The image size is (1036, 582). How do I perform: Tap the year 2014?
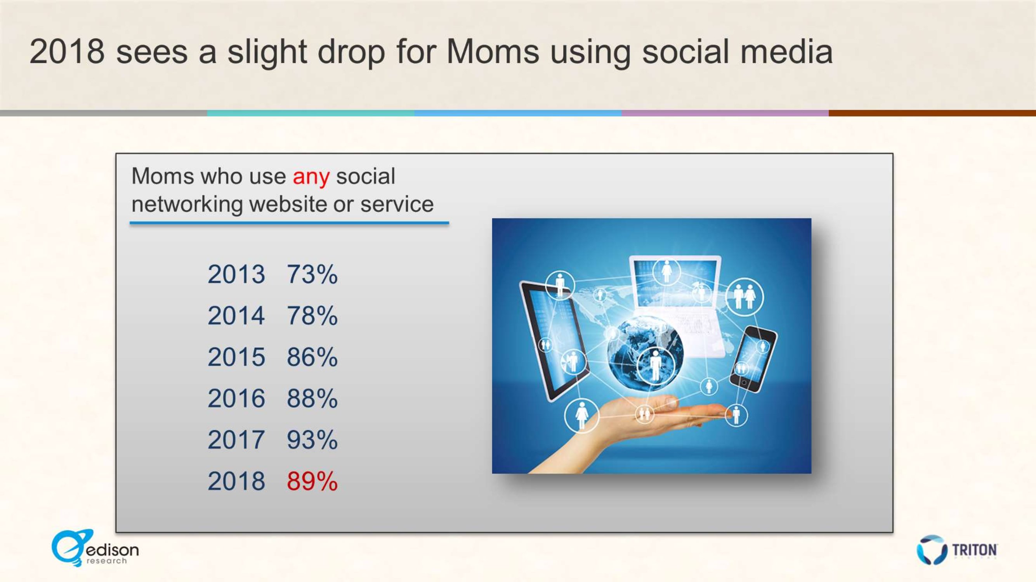(236, 315)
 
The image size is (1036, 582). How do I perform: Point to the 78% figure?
(312, 315)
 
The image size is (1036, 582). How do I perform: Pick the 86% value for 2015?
(312, 357)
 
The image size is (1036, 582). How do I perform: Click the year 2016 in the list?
(236, 398)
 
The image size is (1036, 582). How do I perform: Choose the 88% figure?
(312, 398)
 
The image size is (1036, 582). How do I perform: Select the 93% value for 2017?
(312, 440)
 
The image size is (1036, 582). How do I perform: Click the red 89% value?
(312, 481)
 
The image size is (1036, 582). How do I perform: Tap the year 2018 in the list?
(236, 481)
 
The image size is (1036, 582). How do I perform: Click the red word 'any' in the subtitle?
(311, 178)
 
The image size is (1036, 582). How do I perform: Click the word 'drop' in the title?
(352, 53)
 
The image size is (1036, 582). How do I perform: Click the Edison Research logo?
(95, 548)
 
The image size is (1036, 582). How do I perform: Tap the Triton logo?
(957, 549)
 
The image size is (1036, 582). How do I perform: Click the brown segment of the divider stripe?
(932, 113)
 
